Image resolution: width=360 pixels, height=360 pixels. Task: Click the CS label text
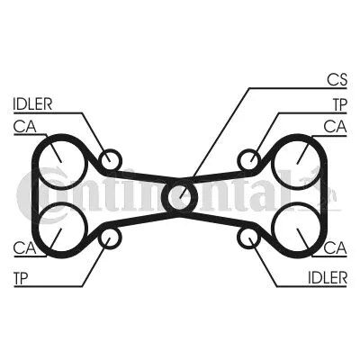(x=337, y=80)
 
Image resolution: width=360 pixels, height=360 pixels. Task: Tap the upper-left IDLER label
(x=32, y=104)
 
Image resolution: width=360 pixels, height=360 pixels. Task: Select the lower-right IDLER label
(x=328, y=278)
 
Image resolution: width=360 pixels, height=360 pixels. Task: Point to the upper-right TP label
(x=340, y=104)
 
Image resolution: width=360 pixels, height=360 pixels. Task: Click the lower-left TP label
(x=21, y=278)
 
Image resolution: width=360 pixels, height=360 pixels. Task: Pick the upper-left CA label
(x=25, y=127)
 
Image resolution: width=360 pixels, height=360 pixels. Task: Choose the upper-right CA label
(x=335, y=127)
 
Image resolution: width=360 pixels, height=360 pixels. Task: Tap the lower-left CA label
(x=25, y=248)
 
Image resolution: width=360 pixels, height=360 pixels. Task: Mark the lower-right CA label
(x=335, y=248)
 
